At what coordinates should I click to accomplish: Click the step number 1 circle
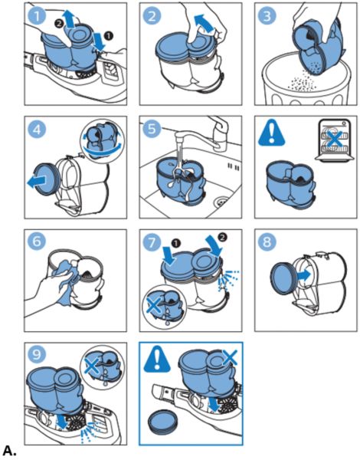coord(37,15)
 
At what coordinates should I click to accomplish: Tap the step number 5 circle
coord(152,129)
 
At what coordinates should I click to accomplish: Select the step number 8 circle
coord(267,242)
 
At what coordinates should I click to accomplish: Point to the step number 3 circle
coord(267,15)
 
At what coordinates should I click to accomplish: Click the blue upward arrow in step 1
coord(70,18)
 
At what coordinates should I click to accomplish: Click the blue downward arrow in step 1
coord(99,41)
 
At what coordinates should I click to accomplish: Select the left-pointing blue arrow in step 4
coord(37,181)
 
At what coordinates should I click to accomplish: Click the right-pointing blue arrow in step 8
coord(303,275)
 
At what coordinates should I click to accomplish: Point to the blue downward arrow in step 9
coord(61,420)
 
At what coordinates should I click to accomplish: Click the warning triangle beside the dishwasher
coord(271,133)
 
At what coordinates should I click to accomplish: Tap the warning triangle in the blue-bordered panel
coord(157,359)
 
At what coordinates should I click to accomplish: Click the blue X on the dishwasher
coord(334,139)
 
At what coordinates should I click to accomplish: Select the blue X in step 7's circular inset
coord(154,306)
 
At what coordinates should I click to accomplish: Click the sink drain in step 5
coord(221,201)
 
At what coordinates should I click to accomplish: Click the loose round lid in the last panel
coord(163,422)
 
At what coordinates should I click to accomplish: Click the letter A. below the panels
coord(10,451)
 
